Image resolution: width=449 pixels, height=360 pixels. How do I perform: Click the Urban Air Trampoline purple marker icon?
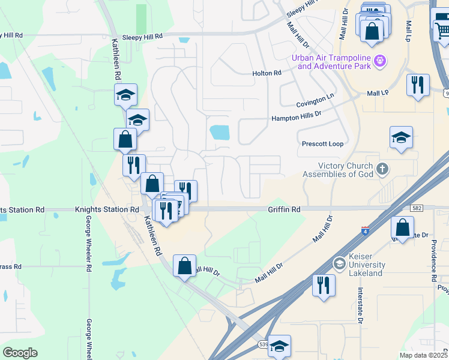coord(379,61)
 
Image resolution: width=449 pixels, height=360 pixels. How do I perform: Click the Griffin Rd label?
coord(284,209)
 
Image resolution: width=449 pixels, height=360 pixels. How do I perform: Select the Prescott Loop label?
coord(322,144)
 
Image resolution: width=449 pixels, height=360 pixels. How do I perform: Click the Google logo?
coord(20,353)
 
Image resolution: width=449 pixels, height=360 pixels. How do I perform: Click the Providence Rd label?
coord(433,261)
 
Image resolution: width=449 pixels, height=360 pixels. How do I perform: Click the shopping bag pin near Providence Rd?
coord(402,227)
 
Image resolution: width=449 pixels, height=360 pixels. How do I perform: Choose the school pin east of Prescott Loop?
coord(401,137)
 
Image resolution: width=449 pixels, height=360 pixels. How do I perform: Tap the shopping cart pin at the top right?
coord(441,28)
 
